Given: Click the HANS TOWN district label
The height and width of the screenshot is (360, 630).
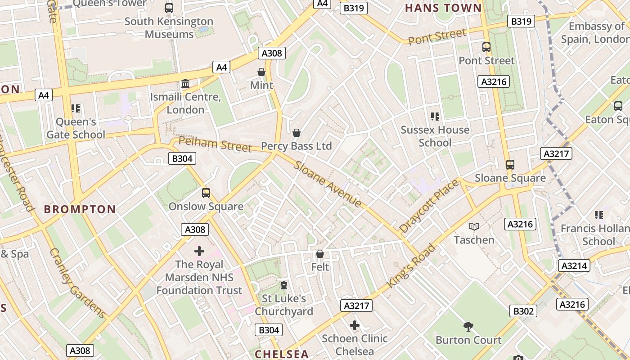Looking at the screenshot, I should [x=443, y=8].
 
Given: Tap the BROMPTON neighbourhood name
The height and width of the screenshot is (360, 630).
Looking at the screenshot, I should [x=80, y=209].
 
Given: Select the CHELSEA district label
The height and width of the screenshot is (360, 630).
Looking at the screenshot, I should [x=282, y=354].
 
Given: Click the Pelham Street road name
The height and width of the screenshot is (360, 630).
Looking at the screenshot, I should [x=215, y=144].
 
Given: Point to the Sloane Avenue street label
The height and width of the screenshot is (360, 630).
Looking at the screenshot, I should [x=327, y=184].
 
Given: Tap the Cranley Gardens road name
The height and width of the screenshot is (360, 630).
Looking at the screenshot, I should [x=77, y=283].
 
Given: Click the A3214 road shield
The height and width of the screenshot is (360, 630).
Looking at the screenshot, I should [x=574, y=265].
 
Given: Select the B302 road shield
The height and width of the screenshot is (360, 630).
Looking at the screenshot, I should [x=523, y=311].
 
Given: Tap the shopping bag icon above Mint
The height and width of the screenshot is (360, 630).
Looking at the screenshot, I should [x=261, y=72].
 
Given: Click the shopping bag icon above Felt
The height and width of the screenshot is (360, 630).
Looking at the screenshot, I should [x=320, y=254].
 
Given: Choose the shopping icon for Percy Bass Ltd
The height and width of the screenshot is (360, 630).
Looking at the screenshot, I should [x=297, y=133].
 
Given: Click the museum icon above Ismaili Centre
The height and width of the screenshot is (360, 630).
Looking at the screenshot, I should [x=185, y=84].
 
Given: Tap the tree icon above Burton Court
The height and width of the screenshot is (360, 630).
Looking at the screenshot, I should [x=468, y=326].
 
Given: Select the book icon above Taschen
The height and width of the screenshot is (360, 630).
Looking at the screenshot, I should [x=474, y=226].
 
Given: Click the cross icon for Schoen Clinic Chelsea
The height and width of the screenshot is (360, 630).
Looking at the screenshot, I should [x=355, y=325].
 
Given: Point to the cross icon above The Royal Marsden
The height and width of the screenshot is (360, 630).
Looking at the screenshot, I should [x=199, y=251].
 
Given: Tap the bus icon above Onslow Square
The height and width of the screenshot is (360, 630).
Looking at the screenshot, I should [x=206, y=193].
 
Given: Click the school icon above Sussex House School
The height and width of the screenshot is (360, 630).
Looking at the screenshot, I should [x=435, y=117].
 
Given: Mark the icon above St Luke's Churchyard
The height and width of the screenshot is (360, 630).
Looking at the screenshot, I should [x=284, y=285].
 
